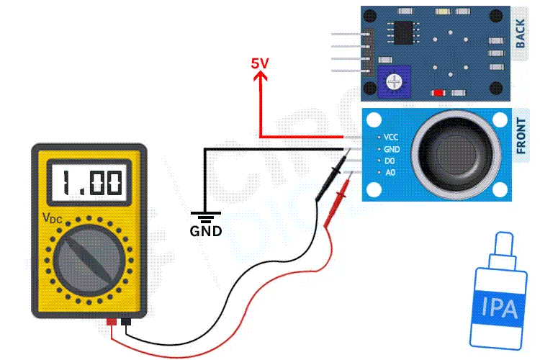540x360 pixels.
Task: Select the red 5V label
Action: (x=260, y=63)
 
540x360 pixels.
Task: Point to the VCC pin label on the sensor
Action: (x=391, y=137)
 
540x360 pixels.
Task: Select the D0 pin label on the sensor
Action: (x=390, y=161)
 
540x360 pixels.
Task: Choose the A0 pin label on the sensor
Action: (x=390, y=173)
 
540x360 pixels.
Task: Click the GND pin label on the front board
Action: (x=392, y=149)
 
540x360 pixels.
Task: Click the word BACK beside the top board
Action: (x=521, y=34)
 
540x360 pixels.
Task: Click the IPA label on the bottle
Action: (x=499, y=309)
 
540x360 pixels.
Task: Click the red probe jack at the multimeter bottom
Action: (x=111, y=322)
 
